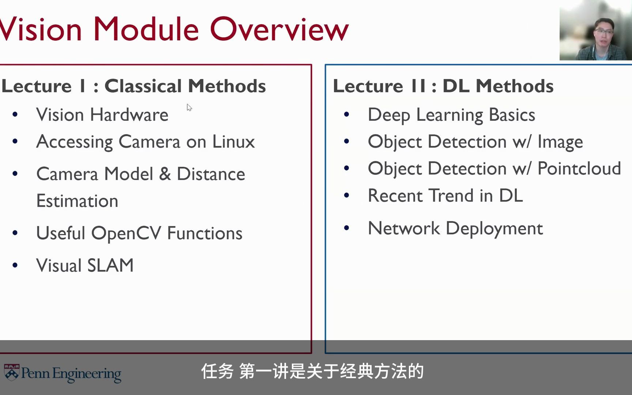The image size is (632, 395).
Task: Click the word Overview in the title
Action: [279, 29]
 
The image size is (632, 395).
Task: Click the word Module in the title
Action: [146, 29]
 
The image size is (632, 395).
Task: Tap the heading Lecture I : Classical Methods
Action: [134, 86]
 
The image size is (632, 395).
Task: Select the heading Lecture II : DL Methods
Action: [443, 86]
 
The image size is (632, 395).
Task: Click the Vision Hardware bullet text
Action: [102, 115]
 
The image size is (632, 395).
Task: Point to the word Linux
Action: [233, 142]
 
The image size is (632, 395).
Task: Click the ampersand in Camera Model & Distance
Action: [165, 174]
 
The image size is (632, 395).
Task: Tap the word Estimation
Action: [77, 201]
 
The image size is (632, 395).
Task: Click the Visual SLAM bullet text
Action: [85, 265]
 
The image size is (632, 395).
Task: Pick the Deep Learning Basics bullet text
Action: [451, 115]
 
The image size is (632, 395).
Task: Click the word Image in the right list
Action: [560, 142]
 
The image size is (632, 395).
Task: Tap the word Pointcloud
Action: [579, 169]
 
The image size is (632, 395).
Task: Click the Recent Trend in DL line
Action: [445, 195]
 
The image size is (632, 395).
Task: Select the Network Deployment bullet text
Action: [455, 228]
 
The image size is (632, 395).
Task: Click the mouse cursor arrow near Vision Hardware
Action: [189, 107]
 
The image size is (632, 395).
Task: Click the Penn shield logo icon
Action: [12, 372]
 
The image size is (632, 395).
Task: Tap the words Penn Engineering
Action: [71, 373]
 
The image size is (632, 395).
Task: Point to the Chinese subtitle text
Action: [312, 372]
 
